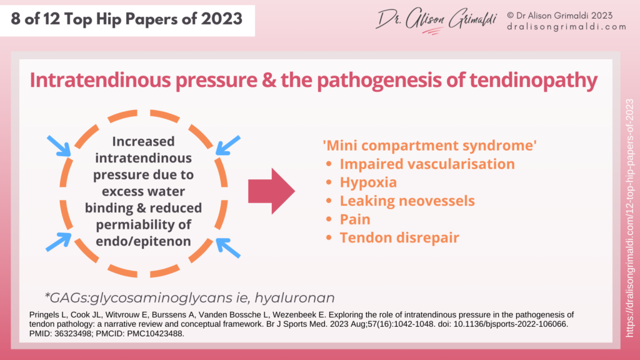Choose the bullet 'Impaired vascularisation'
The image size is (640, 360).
click(x=427, y=164)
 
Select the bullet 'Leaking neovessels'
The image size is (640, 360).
click(x=407, y=201)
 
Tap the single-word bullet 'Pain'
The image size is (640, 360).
click(x=355, y=219)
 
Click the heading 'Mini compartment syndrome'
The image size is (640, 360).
click(x=429, y=146)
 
